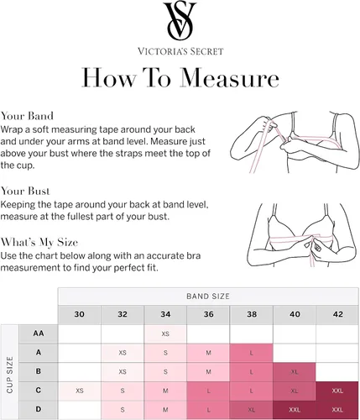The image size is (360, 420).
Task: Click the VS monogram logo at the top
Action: coord(180,21)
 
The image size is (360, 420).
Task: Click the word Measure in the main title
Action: coord(229,77)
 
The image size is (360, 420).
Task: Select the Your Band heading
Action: coord(27,116)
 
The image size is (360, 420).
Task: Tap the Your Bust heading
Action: coord(25,191)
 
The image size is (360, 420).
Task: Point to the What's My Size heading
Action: coord(39,242)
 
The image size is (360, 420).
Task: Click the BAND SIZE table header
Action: coord(208,297)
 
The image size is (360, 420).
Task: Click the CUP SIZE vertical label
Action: coord(10,375)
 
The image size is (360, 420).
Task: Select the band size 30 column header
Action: coord(80,314)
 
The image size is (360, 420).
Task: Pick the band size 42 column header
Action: coord(338,314)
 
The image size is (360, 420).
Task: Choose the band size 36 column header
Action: coord(209,314)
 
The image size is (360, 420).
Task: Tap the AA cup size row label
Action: coord(39,333)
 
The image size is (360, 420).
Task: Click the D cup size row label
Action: coord(39,409)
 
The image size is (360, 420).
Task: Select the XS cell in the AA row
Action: coord(165,333)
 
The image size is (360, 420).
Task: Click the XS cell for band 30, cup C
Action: coord(80,391)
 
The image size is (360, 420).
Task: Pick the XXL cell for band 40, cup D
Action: coord(295,410)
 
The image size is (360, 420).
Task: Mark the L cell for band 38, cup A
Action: coord(251,353)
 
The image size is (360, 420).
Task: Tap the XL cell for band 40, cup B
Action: coord(295,372)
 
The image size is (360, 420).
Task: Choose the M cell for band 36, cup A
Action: coord(208,353)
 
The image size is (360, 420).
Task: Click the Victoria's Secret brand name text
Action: coord(180,51)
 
